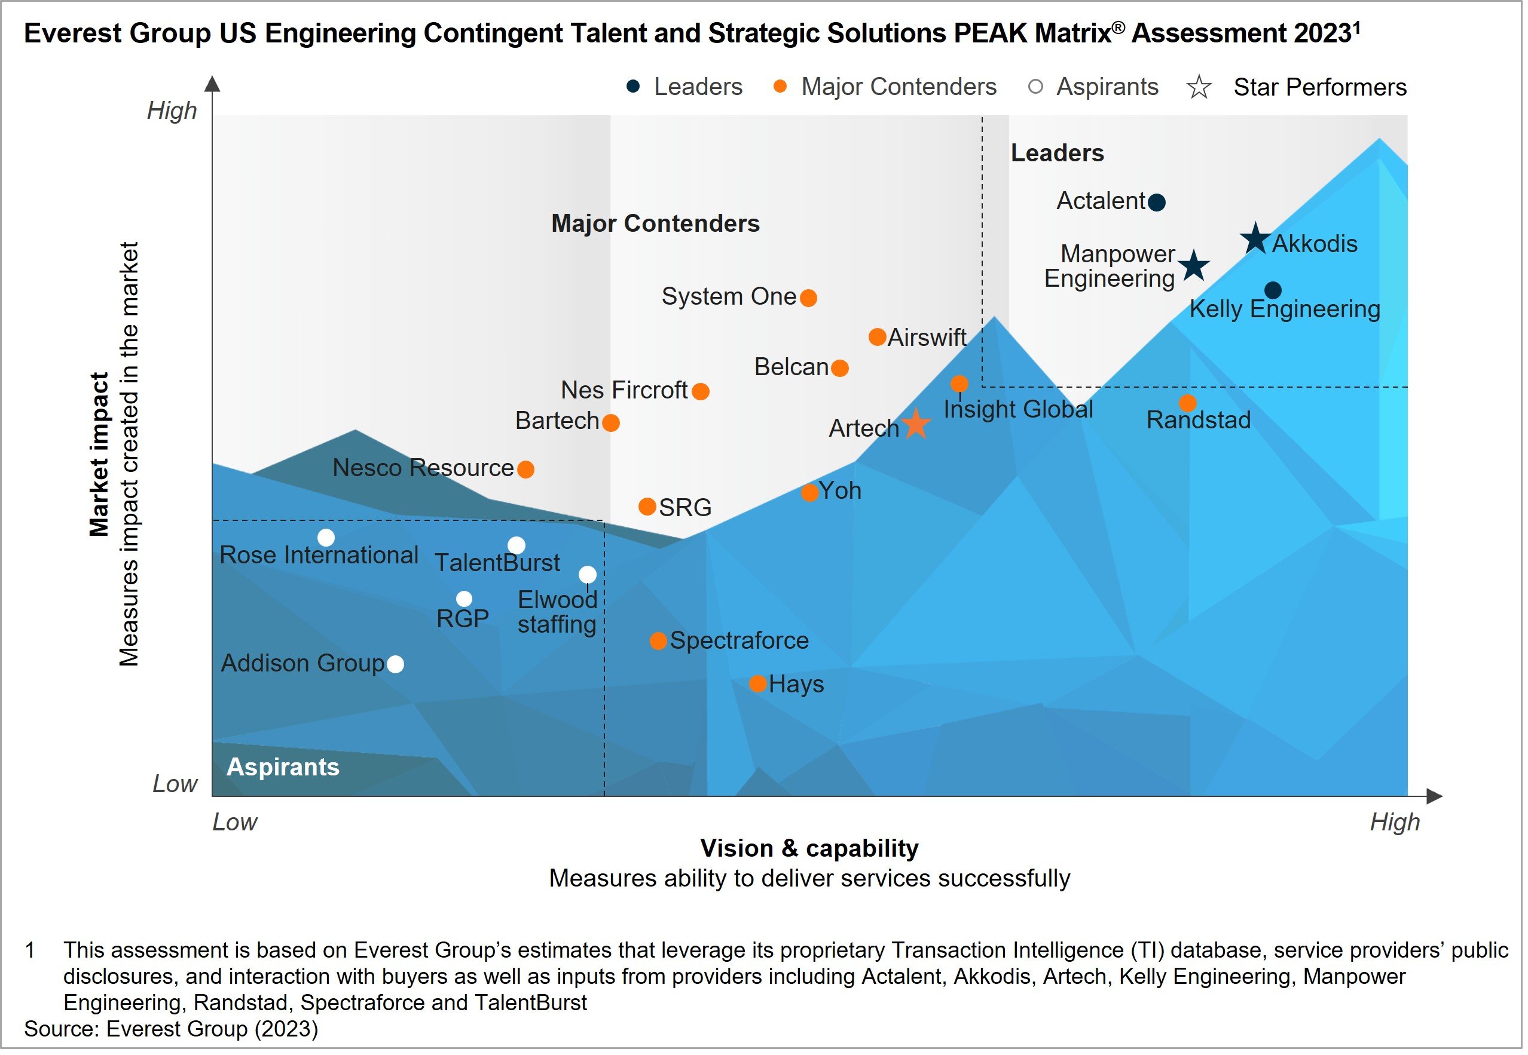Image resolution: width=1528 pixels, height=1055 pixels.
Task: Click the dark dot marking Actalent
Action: (1161, 203)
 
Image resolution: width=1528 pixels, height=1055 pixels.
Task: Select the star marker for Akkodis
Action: (1260, 240)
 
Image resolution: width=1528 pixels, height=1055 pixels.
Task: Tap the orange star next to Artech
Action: (919, 426)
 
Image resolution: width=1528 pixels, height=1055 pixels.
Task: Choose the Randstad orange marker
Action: (1192, 404)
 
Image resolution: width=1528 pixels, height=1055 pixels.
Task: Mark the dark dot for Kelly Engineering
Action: (1278, 291)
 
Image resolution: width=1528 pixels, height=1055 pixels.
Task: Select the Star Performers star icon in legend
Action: (1203, 88)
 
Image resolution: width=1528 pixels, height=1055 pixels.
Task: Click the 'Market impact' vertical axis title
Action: (99, 456)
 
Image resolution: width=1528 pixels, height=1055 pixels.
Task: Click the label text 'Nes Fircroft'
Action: (627, 392)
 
